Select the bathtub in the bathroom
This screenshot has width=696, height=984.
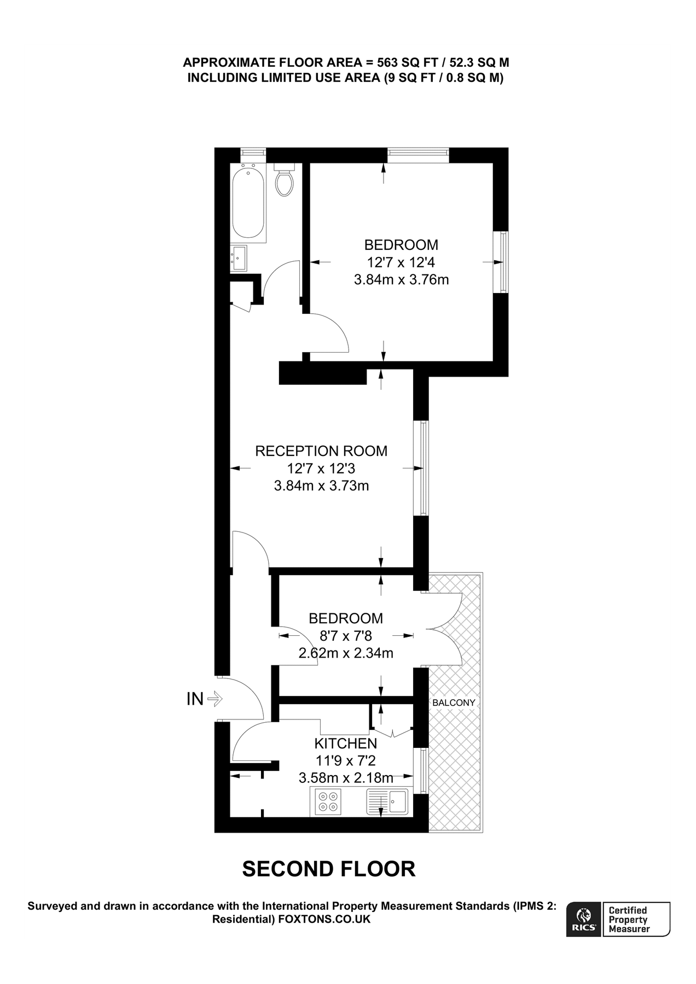pyautogui.click(x=249, y=202)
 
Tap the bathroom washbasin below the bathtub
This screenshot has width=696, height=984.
pyautogui.click(x=239, y=257)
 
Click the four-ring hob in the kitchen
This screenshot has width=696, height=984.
pyautogui.click(x=328, y=801)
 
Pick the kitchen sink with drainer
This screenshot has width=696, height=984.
pyautogui.click(x=387, y=801)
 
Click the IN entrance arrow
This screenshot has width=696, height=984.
pyautogui.click(x=213, y=698)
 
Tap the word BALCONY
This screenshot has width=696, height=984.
pyautogui.click(x=454, y=702)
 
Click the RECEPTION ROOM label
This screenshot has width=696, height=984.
pyautogui.click(x=321, y=451)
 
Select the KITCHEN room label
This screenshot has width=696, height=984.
pyautogui.click(x=345, y=743)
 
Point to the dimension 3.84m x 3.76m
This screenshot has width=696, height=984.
pyautogui.click(x=401, y=280)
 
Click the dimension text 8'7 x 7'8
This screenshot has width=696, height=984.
pyautogui.click(x=345, y=636)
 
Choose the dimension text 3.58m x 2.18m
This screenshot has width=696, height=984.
pyautogui.click(x=345, y=777)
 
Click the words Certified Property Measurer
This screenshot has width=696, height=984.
pyautogui.click(x=629, y=919)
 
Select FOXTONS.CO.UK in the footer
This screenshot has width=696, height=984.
pyautogui.click(x=324, y=919)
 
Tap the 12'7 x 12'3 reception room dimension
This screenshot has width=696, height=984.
pyautogui.click(x=321, y=468)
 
